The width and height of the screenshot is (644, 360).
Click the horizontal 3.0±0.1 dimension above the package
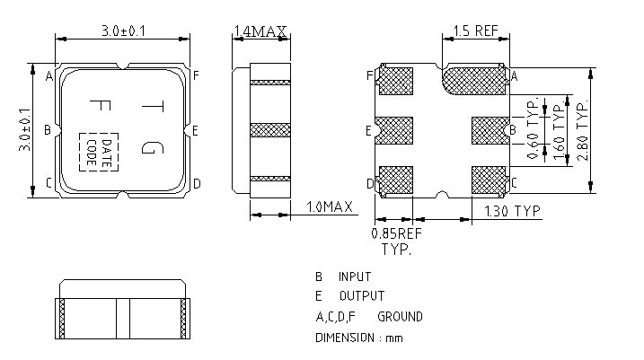(124, 32)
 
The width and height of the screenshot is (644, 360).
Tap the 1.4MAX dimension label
(260, 32)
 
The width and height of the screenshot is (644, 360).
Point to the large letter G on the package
(152, 144)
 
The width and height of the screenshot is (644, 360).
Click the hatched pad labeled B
(490, 131)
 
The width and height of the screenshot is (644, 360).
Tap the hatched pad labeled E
(393, 131)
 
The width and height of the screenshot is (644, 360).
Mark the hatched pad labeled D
(394, 180)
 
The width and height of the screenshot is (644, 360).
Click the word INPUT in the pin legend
(355, 277)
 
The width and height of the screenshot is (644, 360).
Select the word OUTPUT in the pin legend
(361, 296)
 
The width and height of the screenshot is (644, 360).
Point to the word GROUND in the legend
(400, 317)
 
